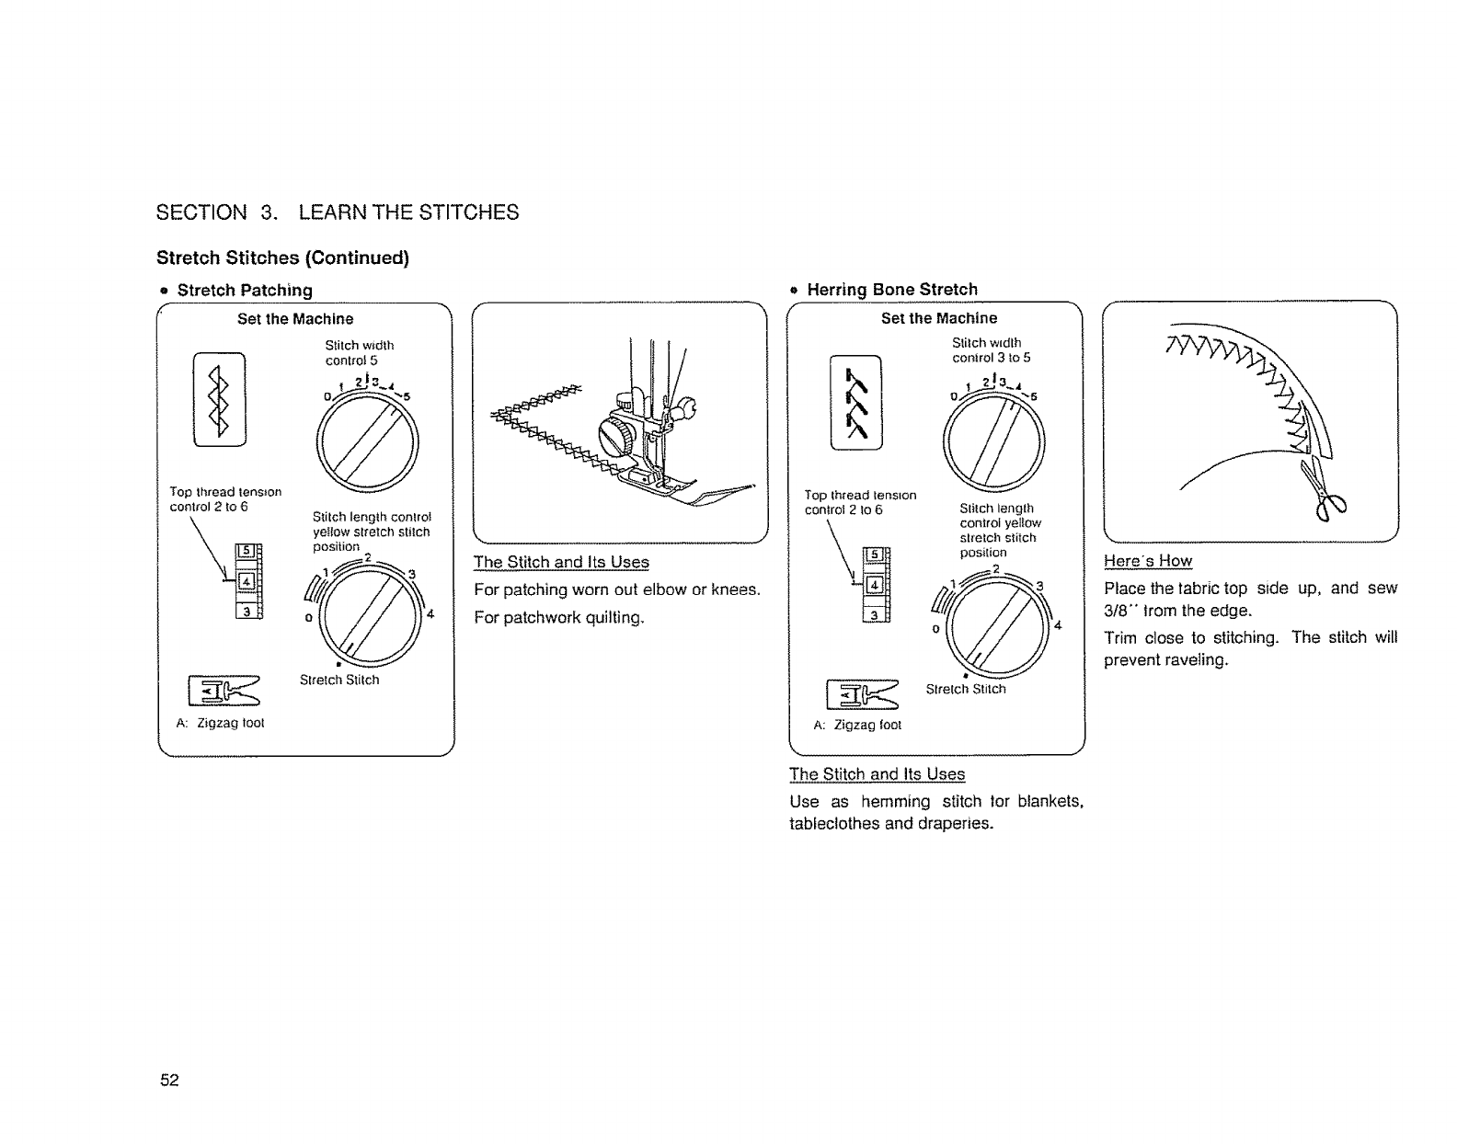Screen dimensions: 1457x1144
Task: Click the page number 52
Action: click(169, 1080)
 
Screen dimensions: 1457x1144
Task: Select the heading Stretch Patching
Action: click(245, 291)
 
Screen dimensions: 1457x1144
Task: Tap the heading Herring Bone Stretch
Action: click(891, 290)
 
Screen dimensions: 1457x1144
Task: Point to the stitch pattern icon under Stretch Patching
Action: click(219, 399)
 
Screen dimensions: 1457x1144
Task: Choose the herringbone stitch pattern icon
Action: click(855, 402)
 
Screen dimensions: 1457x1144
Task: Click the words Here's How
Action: click(1148, 561)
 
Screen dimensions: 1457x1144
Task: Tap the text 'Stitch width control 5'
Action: click(359, 352)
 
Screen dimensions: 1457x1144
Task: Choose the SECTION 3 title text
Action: click(338, 212)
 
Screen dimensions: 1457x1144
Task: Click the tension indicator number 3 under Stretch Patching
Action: click(247, 612)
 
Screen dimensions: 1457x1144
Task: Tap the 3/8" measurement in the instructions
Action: click(1119, 611)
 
